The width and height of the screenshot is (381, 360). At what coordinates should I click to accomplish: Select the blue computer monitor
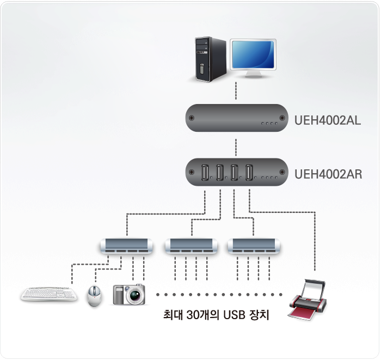pos(254,54)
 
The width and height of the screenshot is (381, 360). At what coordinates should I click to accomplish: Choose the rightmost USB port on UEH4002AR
pos(249,173)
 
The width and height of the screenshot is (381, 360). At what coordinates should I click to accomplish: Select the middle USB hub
pos(190,246)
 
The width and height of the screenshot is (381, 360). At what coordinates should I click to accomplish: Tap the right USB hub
pos(254,246)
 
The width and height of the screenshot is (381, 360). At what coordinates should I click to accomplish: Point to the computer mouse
pos(95,296)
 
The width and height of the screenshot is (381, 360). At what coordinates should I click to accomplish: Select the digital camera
pos(129,294)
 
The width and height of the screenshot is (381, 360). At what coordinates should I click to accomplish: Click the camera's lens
pos(134,296)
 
